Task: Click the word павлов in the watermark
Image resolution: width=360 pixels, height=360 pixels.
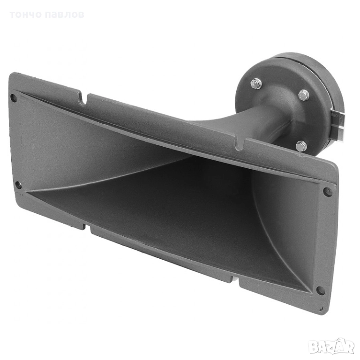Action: point(66,15)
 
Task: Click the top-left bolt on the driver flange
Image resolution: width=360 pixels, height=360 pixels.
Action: point(256,84)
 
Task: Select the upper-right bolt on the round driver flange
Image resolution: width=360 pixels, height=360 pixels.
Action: point(303,94)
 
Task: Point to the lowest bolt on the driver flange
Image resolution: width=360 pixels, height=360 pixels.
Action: point(301,146)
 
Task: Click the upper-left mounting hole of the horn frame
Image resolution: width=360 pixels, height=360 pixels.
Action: point(14,98)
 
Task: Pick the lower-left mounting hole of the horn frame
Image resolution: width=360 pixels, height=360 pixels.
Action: point(18,185)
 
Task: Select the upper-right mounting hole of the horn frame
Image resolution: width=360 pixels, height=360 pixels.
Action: point(328,191)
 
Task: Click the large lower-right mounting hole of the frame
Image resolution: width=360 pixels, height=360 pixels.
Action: point(321,290)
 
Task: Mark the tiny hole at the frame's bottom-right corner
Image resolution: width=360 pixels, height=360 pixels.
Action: point(321,309)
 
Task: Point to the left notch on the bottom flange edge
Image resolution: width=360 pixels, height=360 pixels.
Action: point(87,226)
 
